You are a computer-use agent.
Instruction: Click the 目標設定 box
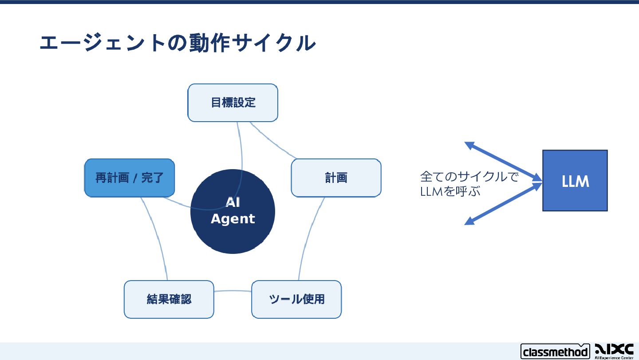(233, 103)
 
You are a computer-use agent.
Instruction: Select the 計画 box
(336, 178)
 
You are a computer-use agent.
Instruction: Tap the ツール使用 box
(296, 299)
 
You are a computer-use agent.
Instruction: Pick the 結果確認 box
(169, 299)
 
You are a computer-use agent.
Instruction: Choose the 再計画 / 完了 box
(129, 178)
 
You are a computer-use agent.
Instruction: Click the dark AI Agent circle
(233, 235)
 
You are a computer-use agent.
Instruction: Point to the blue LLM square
(575, 181)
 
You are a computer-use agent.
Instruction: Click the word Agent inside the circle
(233, 219)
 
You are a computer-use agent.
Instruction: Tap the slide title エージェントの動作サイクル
(177, 43)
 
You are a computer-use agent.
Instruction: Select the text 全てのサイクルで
(469, 177)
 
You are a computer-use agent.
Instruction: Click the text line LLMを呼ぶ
(450, 192)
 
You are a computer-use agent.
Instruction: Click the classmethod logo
(555, 352)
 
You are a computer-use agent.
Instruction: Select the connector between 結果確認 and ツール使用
(233, 291)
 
